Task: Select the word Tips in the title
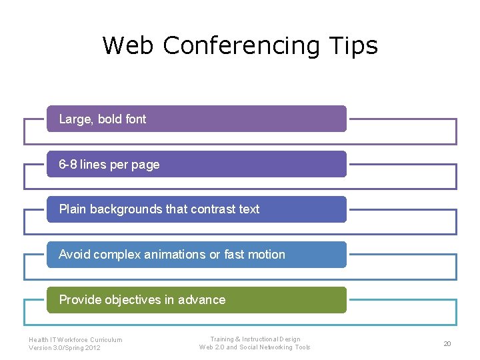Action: [353, 45]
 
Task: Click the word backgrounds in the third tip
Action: [126, 209]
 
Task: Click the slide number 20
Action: [447, 343]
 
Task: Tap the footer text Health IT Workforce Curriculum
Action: [75, 339]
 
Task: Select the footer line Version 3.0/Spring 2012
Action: [65, 347]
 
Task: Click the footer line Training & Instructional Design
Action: [255, 339]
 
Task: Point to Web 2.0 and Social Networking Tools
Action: [255, 347]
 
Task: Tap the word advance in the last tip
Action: [202, 300]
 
